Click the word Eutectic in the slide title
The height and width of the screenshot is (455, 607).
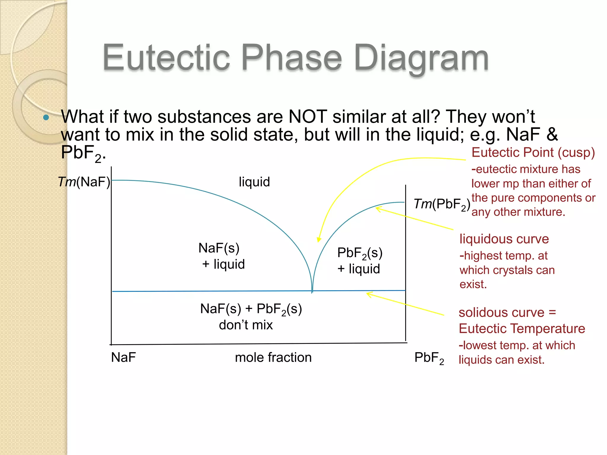tap(166, 57)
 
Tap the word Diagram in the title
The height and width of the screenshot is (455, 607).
tap(421, 57)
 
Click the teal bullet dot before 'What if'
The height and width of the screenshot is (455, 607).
tap(46, 117)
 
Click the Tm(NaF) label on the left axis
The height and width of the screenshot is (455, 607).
tap(84, 182)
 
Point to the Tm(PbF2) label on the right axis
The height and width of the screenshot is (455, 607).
tap(442, 204)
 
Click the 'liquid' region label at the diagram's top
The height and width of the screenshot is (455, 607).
tap(254, 182)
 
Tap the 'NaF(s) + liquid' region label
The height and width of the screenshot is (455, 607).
tap(221, 256)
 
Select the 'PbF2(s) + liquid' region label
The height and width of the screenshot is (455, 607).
tap(360, 261)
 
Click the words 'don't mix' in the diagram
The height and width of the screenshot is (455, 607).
tap(246, 325)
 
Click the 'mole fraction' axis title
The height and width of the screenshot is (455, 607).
tap(273, 357)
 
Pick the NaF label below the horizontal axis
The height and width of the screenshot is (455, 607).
tap(123, 357)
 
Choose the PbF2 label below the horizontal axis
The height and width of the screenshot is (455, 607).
tap(429, 358)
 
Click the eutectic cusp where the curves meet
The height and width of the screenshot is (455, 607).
tap(312, 291)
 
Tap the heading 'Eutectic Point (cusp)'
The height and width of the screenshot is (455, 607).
tap(533, 153)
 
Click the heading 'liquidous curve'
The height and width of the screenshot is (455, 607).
tap(504, 239)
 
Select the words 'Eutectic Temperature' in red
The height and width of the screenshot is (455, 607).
tap(522, 329)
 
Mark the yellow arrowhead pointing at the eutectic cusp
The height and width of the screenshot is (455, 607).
tap(319, 240)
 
